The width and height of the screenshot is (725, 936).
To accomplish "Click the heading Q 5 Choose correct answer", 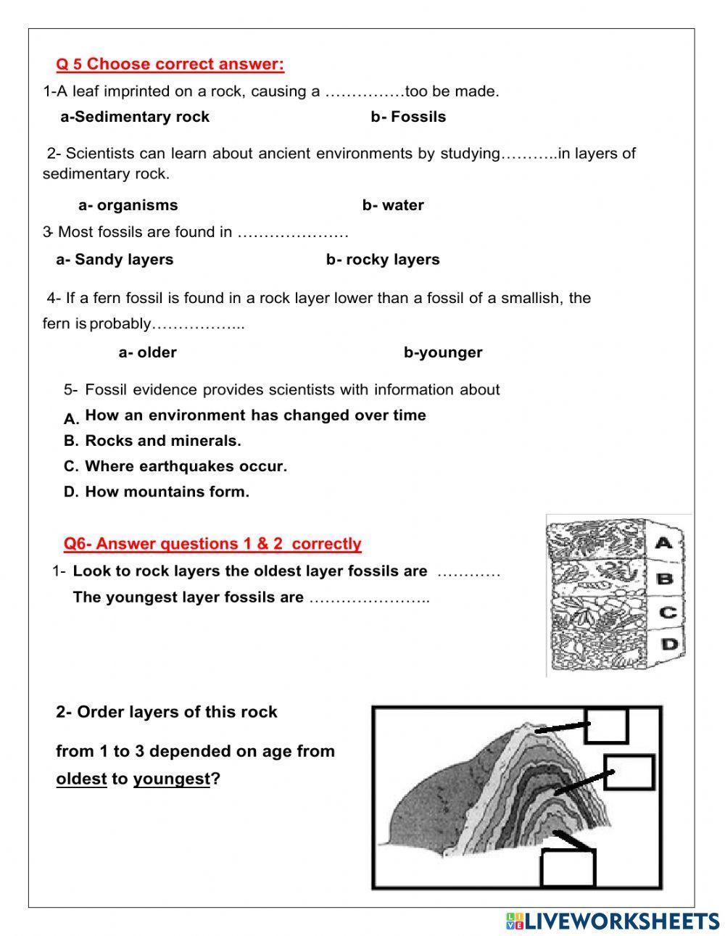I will (170, 65).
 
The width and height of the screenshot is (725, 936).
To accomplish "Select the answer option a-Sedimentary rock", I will (135, 117).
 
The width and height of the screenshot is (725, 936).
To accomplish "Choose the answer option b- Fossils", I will (408, 117).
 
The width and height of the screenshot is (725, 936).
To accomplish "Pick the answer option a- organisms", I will (128, 205).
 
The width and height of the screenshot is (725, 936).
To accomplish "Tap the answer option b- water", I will (393, 205).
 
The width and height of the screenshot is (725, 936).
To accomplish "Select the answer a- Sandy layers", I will (115, 260).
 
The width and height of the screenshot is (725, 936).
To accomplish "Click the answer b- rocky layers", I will (383, 260).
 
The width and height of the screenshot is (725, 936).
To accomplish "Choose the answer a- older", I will (147, 352).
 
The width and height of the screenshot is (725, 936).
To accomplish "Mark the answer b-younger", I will (443, 352).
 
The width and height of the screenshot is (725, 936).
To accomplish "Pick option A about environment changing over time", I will (254, 415).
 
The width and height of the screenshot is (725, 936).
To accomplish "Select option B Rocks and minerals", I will (162, 441).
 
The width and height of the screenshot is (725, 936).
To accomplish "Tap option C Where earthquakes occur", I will (186, 466).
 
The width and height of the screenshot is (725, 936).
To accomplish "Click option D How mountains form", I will (167, 492).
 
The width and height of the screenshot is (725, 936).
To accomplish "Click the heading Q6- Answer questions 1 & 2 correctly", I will (212, 544).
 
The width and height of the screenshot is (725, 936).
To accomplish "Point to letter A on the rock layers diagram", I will (664, 542).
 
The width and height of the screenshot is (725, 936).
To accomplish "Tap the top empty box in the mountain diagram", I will (606, 725).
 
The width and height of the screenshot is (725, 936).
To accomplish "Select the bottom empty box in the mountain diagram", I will (568, 867).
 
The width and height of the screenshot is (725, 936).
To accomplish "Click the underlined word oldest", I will (81, 779).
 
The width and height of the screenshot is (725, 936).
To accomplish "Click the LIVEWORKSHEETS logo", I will (613, 921).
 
